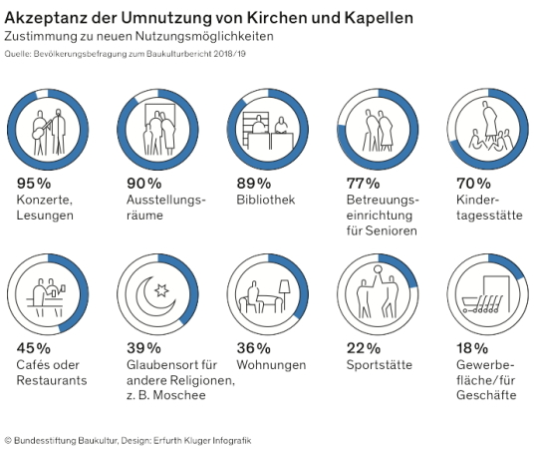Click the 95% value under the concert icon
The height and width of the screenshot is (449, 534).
click(x=33, y=184)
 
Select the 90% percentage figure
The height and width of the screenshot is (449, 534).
click(x=143, y=184)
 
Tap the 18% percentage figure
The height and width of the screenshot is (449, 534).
click(x=466, y=348)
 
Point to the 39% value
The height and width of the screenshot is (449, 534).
click(x=143, y=348)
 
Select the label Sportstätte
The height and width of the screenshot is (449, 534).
click(x=372, y=365)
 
